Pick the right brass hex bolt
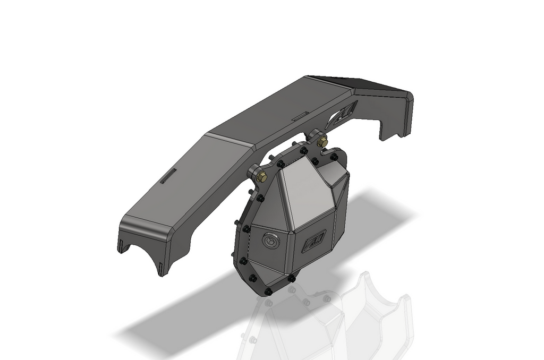click(322, 142)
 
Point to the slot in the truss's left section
click(168, 176)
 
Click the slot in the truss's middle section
click(300, 116)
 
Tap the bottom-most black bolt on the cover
click(268, 292)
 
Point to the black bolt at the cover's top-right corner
click(334, 157)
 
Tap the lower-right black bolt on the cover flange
click(291, 278)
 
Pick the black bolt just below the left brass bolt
click(260, 198)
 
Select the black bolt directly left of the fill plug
click(246, 229)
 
